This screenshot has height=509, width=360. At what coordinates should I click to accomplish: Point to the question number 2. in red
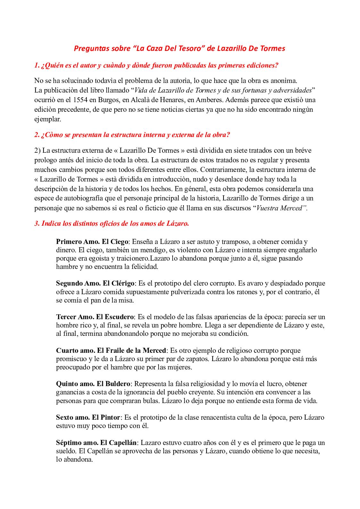click(37, 135)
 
